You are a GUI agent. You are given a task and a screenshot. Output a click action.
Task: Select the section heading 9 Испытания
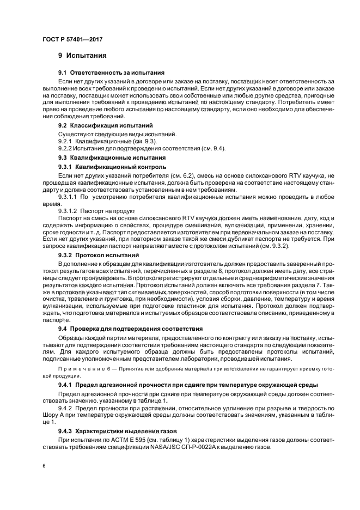(x=82, y=56)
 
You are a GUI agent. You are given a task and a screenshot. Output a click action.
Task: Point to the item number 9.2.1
(x=65, y=141)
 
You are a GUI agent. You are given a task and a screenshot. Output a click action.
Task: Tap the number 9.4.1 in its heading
(x=66, y=385)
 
